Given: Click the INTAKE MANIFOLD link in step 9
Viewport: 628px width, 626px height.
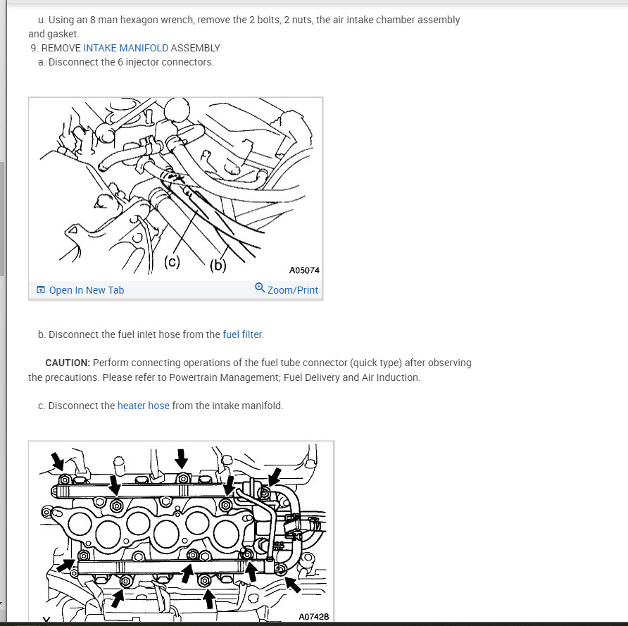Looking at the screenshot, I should coord(125,48).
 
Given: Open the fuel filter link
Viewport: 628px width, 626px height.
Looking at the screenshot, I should coord(242,334).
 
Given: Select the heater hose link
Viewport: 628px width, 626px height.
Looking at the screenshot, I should coord(143,406).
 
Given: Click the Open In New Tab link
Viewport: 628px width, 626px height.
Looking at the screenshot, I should coord(86,290).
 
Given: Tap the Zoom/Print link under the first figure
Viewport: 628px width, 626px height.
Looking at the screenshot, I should coord(292,290).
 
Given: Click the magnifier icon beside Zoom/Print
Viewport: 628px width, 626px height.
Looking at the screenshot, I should coord(260,288).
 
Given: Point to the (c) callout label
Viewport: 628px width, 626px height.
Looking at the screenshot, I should coord(172,262).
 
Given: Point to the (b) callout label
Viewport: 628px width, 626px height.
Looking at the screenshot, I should coord(218,265).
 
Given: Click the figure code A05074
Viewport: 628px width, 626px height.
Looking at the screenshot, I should coord(304,270).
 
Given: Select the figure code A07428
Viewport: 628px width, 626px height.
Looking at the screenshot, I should coord(313,617).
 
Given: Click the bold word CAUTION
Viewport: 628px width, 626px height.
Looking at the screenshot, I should coord(67,363).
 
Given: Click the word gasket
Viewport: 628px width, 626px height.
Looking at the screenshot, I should coord(62,34).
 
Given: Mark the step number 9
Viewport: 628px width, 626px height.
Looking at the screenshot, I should coord(34,48).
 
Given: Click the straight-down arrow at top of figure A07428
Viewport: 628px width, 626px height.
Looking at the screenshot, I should coord(182,458).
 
